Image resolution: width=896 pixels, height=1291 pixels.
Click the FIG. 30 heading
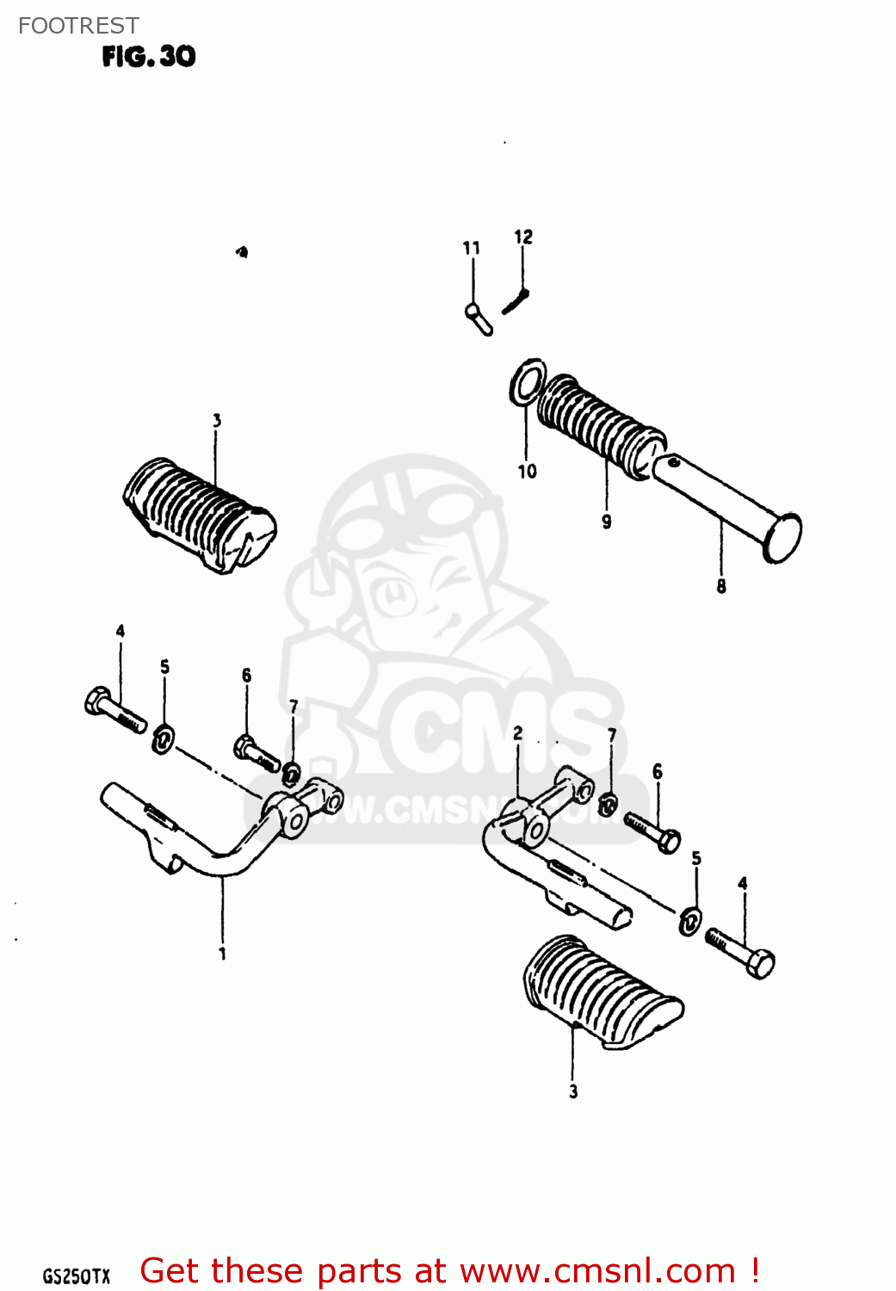point(148,57)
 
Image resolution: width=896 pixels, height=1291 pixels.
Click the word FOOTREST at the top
point(78,26)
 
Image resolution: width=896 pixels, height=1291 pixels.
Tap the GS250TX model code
point(77,1276)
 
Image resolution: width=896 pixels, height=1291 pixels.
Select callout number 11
point(471,248)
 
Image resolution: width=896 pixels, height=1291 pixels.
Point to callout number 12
point(523,237)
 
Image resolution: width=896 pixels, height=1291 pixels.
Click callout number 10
point(527,471)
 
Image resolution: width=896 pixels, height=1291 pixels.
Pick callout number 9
point(607,522)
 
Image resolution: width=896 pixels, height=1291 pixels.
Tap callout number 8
point(721,586)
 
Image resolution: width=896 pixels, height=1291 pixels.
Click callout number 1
point(222,954)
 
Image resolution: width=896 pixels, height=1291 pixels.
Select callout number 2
point(518,733)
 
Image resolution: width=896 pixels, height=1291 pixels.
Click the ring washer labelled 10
point(528,383)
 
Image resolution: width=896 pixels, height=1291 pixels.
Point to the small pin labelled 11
point(479,318)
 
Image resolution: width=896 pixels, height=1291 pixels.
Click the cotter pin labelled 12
point(516,301)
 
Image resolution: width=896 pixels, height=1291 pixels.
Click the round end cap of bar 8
point(782,538)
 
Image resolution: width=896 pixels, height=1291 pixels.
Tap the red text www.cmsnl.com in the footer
point(597,1271)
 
